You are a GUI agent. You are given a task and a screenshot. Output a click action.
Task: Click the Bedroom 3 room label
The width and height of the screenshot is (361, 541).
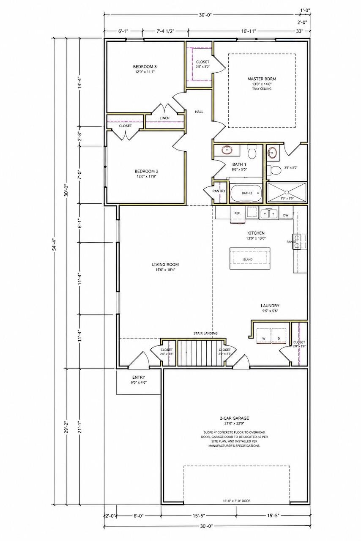(145, 67)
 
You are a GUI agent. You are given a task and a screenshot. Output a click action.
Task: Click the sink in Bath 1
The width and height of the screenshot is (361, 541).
(227, 150)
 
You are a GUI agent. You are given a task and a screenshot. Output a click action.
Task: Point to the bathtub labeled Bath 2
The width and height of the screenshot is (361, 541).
(246, 193)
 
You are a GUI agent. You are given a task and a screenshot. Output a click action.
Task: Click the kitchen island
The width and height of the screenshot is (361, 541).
(249, 258)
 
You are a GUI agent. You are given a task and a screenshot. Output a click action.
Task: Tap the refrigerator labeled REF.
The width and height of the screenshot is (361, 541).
(238, 214)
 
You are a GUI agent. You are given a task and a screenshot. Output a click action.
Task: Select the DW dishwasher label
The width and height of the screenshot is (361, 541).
(286, 215)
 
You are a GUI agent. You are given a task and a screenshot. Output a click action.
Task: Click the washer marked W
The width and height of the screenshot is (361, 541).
(264, 336)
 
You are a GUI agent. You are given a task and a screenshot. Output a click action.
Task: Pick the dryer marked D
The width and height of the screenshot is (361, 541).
(279, 336)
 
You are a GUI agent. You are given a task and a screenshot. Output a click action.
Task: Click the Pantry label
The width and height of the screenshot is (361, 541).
(219, 191)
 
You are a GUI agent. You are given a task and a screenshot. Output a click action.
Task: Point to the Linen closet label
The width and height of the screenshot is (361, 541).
(164, 118)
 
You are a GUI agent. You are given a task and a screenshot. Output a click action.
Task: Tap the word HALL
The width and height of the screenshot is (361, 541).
(199, 112)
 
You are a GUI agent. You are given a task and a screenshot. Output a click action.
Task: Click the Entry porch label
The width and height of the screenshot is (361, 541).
(139, 377)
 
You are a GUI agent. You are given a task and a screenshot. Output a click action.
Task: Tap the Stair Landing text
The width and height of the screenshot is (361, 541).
(205, 333)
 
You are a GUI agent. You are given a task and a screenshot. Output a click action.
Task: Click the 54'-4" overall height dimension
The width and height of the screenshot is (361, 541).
(55, 245)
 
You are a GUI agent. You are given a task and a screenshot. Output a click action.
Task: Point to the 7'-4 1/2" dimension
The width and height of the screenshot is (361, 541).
(165, 31)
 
